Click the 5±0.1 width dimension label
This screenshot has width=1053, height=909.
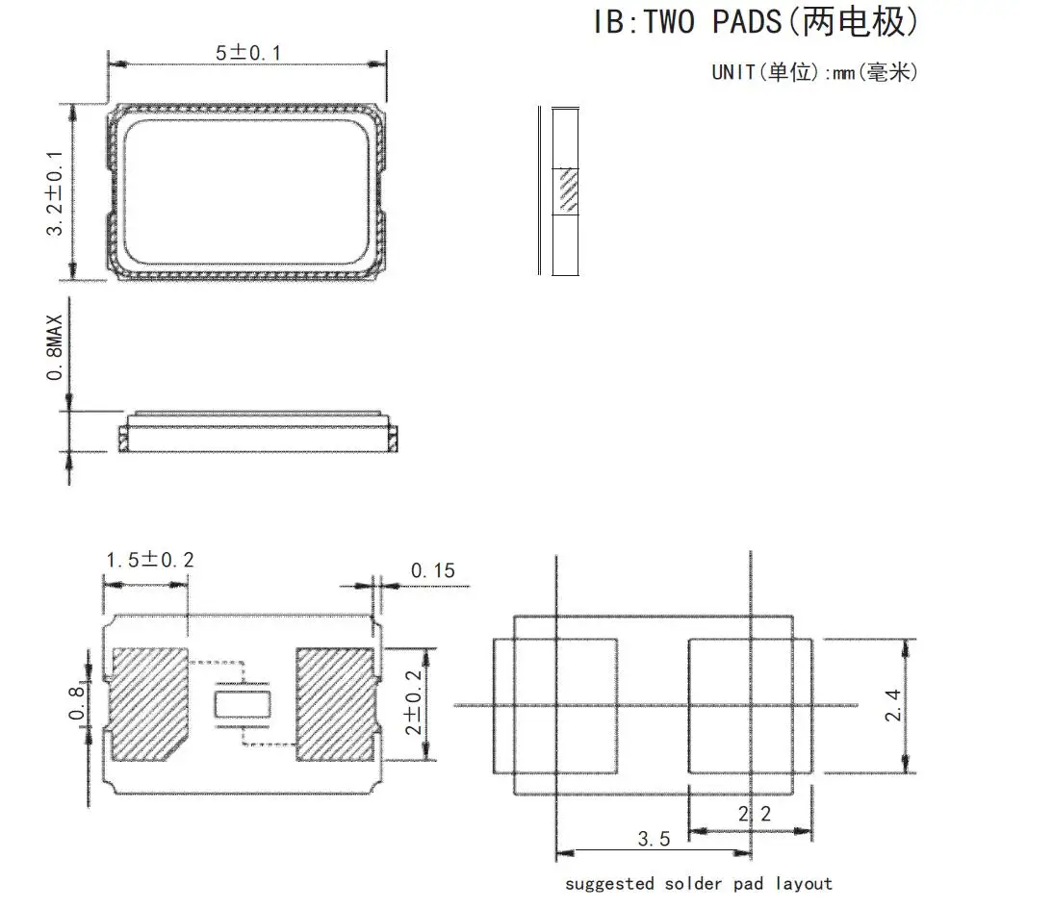[x=247, y=52]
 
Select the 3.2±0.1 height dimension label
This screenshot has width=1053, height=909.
[x=55, y=193]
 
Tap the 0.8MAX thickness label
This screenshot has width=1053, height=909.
[x=55, y=347]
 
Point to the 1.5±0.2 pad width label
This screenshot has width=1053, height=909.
[x=150, y=559]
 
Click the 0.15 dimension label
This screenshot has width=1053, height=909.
[x=432, y=570]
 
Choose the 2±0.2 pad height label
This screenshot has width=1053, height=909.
[x=413, y=702]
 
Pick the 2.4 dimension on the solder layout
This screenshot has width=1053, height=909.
[x=892, y=706]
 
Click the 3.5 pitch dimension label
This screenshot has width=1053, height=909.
[x=654, y=839]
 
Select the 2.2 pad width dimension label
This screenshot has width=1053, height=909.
[x=755, y=814]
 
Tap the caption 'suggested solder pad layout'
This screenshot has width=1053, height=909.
[x=699, y=883]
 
